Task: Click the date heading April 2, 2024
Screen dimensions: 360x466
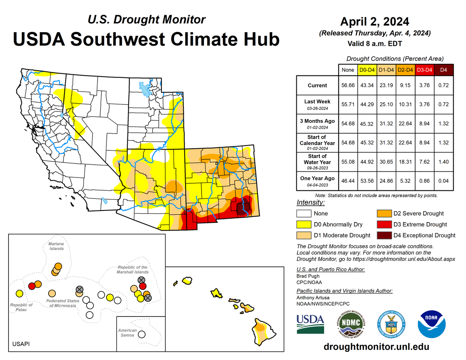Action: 375,21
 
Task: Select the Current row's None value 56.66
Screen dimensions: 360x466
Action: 346,85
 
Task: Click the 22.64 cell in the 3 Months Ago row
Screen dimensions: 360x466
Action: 405,123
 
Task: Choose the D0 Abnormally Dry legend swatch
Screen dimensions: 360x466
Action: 304,224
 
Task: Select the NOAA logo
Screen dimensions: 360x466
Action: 431,323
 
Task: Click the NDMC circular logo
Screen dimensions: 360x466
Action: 351,324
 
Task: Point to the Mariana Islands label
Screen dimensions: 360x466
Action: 56,246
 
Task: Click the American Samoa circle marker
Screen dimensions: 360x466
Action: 142,334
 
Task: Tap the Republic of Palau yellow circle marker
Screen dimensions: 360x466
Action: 18,294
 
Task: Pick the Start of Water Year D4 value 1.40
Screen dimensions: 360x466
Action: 443,162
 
